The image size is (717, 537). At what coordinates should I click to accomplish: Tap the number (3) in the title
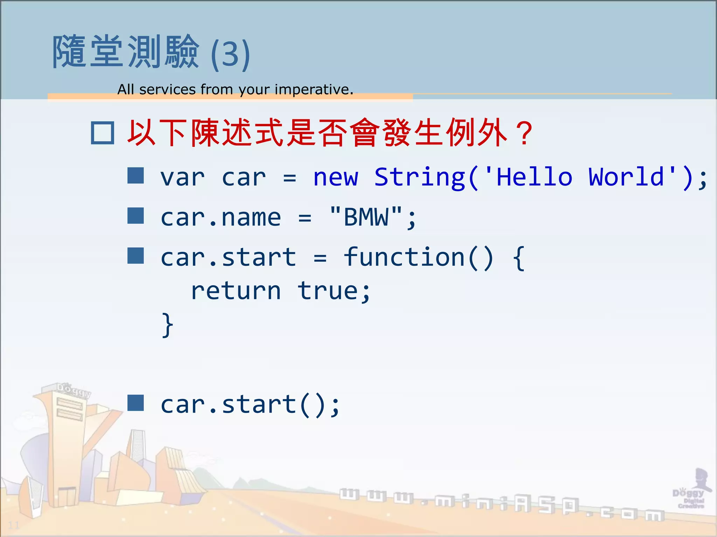click(230, 54)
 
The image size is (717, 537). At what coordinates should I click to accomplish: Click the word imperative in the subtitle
click(314, 89)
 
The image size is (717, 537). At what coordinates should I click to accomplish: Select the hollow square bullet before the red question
click(102, 133)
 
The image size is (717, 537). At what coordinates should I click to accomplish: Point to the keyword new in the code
click(335, 177)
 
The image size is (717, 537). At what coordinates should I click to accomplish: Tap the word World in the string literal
click(626, 177)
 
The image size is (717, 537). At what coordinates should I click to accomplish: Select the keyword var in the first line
click(182, 177)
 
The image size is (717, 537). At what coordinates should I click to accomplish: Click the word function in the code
click(404, 257)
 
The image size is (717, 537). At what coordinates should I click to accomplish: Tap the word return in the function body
click(236, 291)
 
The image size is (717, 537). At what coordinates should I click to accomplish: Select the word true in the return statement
click(328, 291)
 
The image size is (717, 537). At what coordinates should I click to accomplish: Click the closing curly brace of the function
click(167, 325)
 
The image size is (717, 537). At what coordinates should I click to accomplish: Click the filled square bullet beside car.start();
click(135, 403)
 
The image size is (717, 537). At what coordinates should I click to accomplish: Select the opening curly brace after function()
click(518, 258)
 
